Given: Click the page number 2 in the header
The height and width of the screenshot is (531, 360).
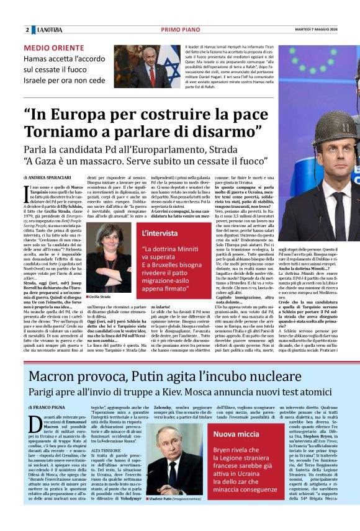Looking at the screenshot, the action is coord(27,30).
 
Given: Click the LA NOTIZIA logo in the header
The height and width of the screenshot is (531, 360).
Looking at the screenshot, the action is coord(49,30).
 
